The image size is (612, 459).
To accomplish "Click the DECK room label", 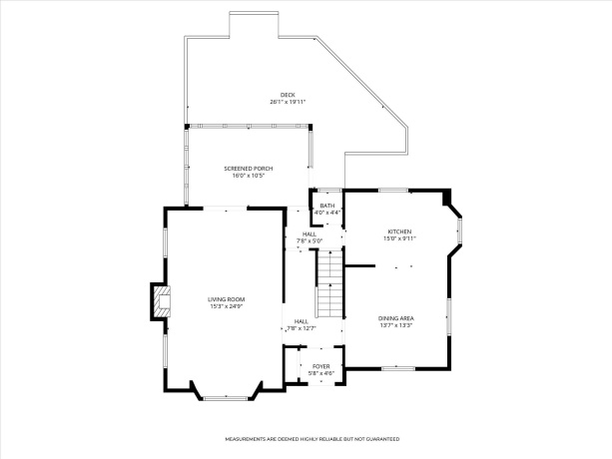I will tap(287, 95).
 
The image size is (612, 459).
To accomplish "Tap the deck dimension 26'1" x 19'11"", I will tap(287, 102).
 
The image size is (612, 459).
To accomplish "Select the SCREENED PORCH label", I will tap(248, 169).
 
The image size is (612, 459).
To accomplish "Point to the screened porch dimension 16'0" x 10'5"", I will tap(248, 176).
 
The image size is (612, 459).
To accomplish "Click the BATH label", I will tap(326, 206).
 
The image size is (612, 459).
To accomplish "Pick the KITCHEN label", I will tap(399, 231).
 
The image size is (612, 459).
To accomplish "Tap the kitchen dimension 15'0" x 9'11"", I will tap(399, 238).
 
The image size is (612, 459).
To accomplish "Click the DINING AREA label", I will tap(396, 317).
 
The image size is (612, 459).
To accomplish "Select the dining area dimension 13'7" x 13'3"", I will tap(396, 324).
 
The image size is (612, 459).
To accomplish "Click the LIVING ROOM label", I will tap(227, 299).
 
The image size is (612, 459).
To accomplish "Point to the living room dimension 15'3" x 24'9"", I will tap(227, 306).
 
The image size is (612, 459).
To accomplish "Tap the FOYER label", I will tap(320, 366).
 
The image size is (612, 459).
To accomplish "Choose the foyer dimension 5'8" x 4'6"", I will tap(320, 373).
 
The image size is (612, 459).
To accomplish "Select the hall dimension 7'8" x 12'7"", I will tap(301, 327).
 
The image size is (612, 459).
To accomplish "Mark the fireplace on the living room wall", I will tap(160, 301).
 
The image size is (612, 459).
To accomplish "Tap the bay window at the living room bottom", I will tap(226, 396).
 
